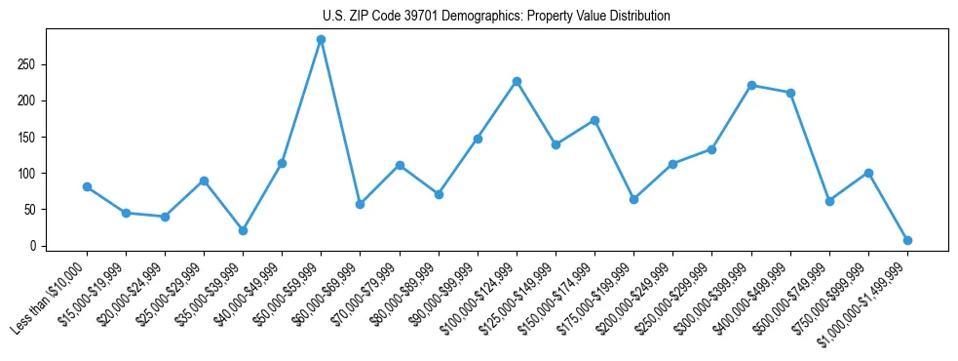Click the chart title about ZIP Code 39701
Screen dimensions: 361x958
pos(496,17)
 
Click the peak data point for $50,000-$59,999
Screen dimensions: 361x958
pos(321,40)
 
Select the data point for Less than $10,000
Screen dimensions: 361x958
pos(87,186)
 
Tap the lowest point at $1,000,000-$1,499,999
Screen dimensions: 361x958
pos(907,240)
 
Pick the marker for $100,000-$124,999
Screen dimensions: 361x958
pos(517,81)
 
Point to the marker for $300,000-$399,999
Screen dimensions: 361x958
pos(751,85)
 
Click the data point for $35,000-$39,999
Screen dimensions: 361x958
pos(243,230)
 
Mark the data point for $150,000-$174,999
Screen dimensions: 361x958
pos(594,120)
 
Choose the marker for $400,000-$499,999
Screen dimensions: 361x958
pos(790,93)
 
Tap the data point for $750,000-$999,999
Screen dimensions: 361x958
pos(868,173)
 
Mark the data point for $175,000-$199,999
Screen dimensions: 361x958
pos(633,199)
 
